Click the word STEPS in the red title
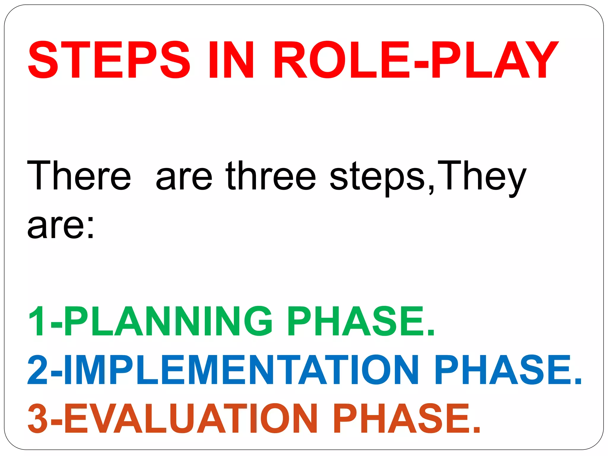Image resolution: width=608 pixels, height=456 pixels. [109, 60]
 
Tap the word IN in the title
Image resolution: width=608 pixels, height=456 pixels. [231, 60]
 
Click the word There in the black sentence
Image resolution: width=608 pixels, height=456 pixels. [79, 176]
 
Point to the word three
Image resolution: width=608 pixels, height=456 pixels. [271, 176]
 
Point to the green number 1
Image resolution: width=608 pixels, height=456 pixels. [37, 322]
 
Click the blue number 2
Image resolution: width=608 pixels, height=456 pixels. [37, 370]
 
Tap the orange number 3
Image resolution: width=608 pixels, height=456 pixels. [37, 419]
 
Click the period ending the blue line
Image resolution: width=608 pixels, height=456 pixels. [578, 381]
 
